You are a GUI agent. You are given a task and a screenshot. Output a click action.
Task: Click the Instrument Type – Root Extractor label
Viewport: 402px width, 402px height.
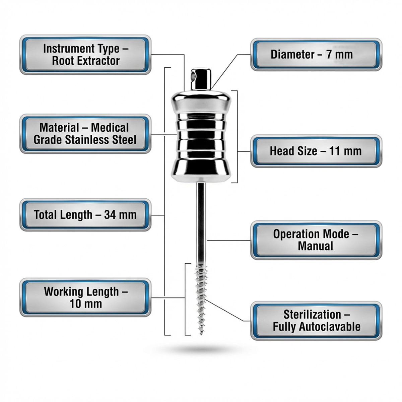(x=85, y=55)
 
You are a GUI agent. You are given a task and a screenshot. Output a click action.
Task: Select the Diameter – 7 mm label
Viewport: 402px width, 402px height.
(x=316, y=55)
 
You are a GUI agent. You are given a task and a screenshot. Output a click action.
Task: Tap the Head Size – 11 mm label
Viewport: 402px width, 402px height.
(x=316, y=151)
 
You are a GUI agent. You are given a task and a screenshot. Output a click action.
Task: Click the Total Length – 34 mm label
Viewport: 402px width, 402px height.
(x=85, y=215)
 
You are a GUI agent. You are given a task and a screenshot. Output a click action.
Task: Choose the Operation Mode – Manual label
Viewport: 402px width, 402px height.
(x=316, y=240)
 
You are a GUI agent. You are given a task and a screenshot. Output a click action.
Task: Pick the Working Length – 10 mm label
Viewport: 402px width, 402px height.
(x=85, y=297)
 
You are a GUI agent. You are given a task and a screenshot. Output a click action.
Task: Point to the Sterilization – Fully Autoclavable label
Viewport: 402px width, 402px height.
(x=316, y=321)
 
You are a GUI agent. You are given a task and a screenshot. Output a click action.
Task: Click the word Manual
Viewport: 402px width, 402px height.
(x=315, y=246)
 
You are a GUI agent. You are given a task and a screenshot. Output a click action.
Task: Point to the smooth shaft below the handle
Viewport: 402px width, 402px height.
(x=200, y=221)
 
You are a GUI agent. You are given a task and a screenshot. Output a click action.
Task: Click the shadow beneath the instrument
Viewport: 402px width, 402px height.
(x=200, y=349)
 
